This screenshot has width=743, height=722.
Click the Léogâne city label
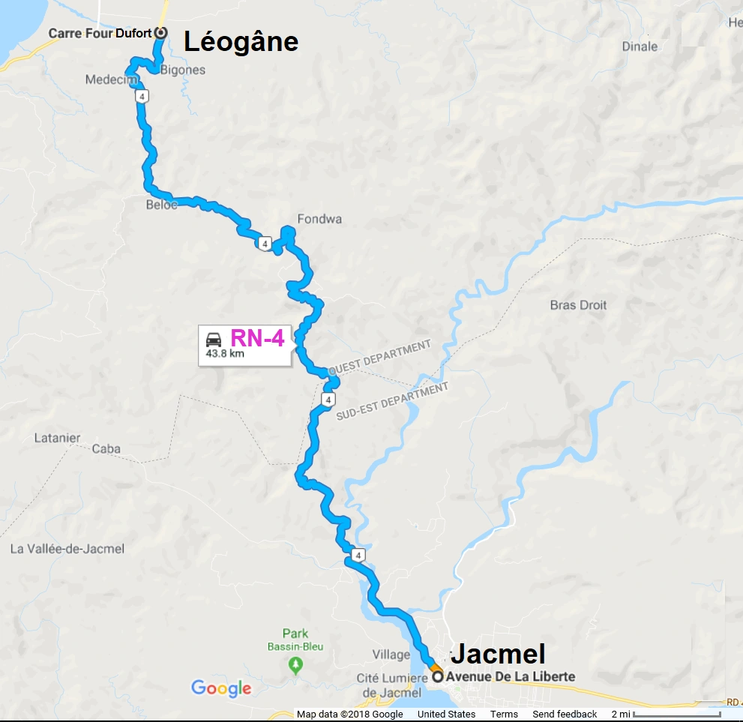tap(241, 42)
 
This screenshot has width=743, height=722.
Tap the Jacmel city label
tap(497, 653)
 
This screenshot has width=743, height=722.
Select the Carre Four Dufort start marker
tap(160, 33)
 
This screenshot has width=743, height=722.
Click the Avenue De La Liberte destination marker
tap(437, 676)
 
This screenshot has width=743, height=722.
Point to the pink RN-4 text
tap(257, 338)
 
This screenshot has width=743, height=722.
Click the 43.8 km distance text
tap(225, 354)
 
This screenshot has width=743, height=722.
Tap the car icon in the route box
tap(214, 338)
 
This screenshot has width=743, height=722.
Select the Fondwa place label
tap(319, 219)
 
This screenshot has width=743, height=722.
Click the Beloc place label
tap(162, 204)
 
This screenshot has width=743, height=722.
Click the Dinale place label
tap(640, 46)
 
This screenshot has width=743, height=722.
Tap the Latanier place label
tap(57, 438)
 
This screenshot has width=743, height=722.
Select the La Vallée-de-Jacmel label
tap(67, 549)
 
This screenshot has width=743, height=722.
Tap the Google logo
tap(221, 688)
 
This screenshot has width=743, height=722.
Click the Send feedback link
tap(565, 714)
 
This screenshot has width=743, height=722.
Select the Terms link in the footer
tap(504, 714)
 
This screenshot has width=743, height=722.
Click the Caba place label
tap(106, 449)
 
